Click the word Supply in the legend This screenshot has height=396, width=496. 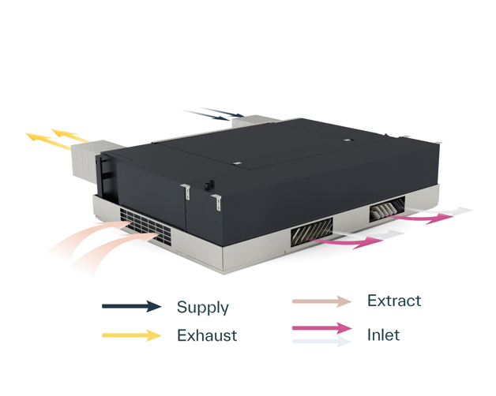tap(202, 307)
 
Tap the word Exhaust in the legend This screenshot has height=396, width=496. tap(206, 335)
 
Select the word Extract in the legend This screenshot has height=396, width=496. tap(394, 301)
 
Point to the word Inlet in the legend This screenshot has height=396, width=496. tap(383, 334)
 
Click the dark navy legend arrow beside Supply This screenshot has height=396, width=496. tap(132, 307)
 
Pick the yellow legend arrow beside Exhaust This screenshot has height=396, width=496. tap(132, 335)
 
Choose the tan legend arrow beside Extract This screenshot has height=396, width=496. tap(321, 301)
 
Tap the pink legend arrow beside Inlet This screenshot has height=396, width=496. tap(321, 328)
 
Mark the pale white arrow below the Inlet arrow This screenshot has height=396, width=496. tap(321, 342)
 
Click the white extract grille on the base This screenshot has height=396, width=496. tap(145, 224)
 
